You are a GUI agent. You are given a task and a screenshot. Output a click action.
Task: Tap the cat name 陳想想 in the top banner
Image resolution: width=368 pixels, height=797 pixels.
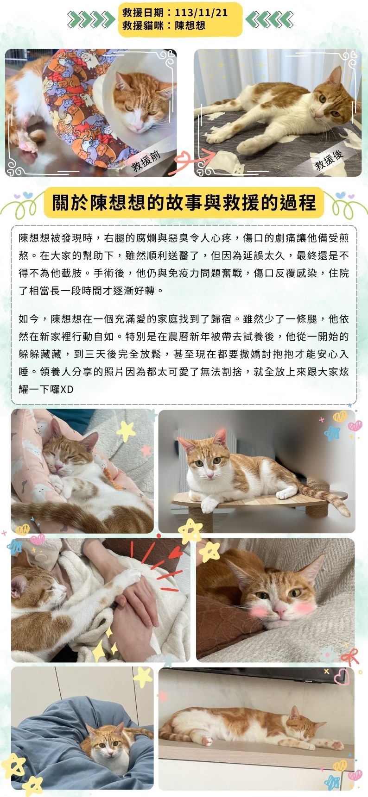[190, 25]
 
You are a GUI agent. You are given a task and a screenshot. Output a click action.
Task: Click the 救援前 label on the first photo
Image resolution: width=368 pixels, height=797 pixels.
[146, 160]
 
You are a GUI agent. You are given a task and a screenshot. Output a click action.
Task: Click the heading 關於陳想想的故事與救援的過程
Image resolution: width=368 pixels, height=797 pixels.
[184, 203]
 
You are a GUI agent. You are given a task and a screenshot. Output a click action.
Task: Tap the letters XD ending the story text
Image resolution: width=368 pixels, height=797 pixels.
[67, 389]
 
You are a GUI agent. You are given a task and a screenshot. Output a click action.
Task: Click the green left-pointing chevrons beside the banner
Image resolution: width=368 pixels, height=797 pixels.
[269, 19]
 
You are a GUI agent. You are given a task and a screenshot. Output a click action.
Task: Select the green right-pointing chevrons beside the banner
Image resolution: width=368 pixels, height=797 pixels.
[91, 19]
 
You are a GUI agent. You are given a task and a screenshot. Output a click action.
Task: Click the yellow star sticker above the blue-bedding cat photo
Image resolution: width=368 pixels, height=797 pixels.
[143, 677]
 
